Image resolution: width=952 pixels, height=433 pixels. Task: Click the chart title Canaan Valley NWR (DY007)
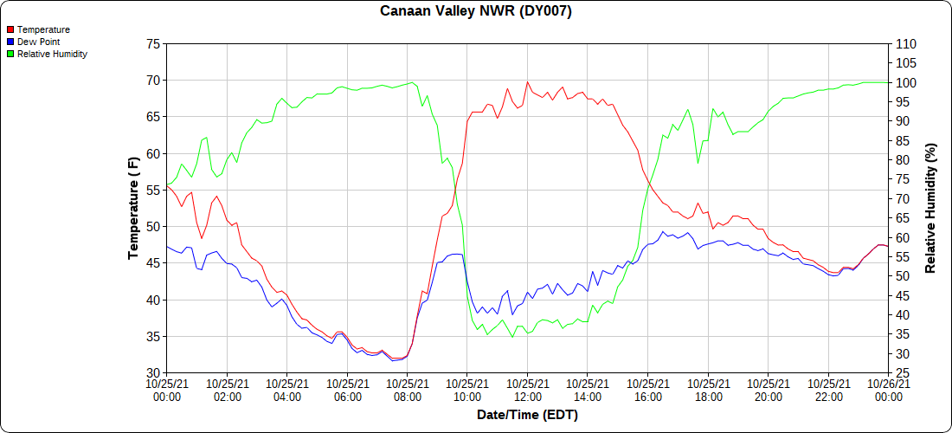(x=476, y=11)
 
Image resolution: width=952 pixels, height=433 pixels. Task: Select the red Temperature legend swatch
(x=10, y=29)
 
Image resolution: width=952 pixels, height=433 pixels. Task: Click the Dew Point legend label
(x=38, y=42)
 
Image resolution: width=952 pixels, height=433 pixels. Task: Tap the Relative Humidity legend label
(x=52, y=54)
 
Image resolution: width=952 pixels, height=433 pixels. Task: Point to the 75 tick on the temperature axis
(x=153, y=44)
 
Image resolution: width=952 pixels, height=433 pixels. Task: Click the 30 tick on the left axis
(x=153, y=373)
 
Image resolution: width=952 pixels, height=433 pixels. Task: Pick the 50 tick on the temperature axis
(x=153, y=227)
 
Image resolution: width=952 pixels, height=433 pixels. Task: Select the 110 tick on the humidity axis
(x=904, y=44)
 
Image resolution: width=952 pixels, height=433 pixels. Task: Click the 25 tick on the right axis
(x=901, y=373)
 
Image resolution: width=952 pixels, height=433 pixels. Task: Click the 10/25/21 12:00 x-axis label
(x=527, y=390)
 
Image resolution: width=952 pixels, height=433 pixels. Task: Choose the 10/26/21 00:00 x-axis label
(x=888, y=390)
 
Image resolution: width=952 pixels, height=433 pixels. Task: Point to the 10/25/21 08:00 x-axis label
(x=407, y=390)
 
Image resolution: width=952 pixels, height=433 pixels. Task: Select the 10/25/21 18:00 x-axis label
(x=708, y=390)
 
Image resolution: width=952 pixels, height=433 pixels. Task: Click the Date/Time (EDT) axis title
(x=527, y=415)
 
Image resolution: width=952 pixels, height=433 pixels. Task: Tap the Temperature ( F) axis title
(x=133, y=208)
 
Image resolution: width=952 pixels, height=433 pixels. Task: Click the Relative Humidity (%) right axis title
(x=930, y=208)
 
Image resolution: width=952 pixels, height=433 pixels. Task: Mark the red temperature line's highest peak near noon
(x=527, y=82)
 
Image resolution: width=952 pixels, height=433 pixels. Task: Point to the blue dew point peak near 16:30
(x=663, y=231)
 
